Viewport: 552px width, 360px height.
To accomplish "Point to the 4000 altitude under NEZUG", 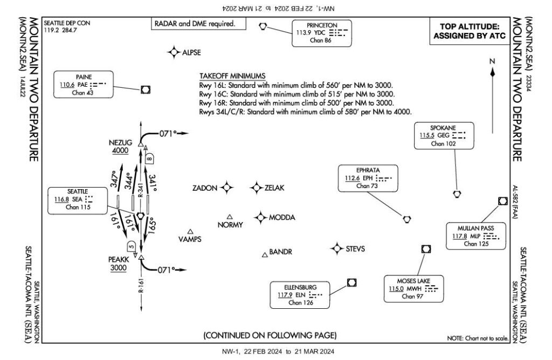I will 120,150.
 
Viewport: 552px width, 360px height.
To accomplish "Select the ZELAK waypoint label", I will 274,188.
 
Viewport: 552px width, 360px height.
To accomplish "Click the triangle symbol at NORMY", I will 230,216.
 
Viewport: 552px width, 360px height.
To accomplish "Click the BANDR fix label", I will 280,252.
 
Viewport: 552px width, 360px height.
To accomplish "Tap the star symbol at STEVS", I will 337,248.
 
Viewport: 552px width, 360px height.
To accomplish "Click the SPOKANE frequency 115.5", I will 429,136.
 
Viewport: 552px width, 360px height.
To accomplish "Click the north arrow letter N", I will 492,61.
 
